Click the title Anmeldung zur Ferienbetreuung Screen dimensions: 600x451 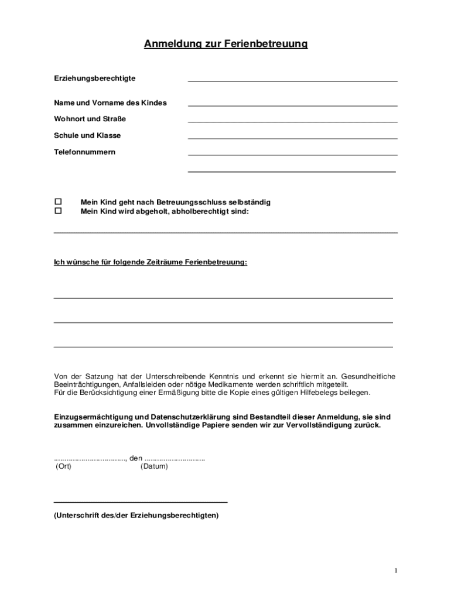pos(225,44)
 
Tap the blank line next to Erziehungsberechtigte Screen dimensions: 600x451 pos(292,80)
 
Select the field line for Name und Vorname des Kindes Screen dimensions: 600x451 pos(292,105)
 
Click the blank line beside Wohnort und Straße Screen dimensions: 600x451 pos(292,121)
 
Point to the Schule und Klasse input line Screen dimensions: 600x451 pos(292,138)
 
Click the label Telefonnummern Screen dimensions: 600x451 pos(85,152)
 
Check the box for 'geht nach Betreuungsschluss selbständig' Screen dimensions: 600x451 pos(58,202)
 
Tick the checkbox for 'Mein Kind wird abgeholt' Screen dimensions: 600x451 pos(58,211)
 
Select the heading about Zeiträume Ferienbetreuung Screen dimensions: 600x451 pos(151,262)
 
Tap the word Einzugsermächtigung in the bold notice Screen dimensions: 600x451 pos(90,417)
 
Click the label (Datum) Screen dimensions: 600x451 pos(154,466)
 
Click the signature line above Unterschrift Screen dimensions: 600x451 pos(141,502)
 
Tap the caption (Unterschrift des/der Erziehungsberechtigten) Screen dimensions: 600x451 pos(136,516)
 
